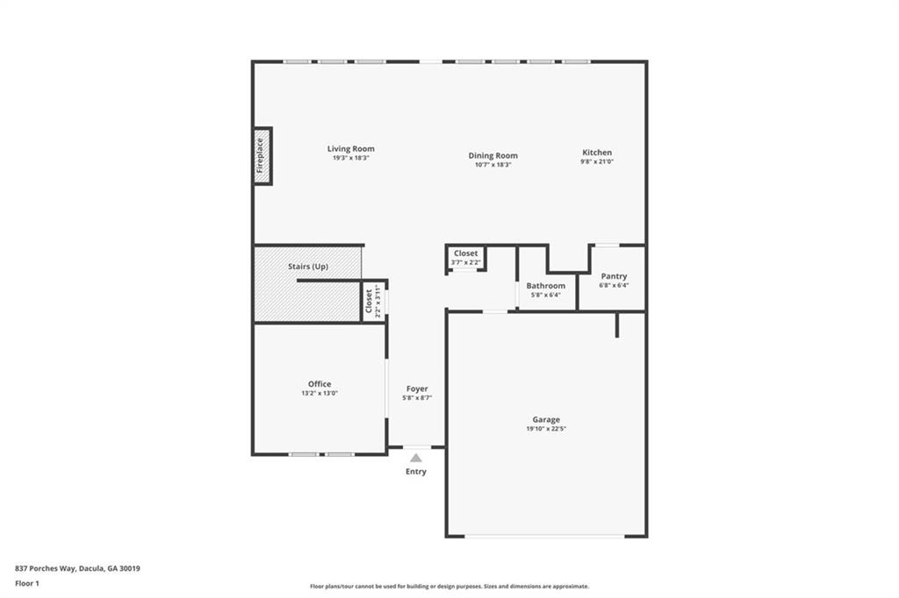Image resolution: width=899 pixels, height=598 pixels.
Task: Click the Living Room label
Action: pos(351,149)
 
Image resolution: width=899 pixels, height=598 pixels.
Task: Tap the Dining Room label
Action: pos(493,155)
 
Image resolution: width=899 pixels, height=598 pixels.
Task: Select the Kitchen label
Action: pos(597,153)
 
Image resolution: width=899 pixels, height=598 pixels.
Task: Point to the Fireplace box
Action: pos(262,156)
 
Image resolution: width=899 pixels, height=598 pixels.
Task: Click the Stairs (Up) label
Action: pos(308,266)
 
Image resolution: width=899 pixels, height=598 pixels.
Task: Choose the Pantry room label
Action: pos(614,276)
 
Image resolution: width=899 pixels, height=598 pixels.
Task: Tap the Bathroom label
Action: pos(545,286)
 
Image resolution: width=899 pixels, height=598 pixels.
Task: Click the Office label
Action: pos(320,384)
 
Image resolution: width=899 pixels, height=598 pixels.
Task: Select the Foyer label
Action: pos(417,388)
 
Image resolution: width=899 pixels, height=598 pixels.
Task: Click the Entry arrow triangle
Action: pos(416,457)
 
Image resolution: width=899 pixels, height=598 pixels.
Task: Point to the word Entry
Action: pos(416,472)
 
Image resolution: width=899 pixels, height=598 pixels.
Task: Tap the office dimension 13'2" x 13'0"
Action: pos(320,394)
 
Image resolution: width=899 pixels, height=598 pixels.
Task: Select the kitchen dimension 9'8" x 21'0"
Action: pos(597,161)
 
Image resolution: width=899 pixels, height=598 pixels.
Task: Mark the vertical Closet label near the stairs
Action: pos(369,302)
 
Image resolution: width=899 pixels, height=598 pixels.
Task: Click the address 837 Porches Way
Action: pos(77,568)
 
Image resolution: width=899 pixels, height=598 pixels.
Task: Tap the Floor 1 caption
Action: pos(27,582)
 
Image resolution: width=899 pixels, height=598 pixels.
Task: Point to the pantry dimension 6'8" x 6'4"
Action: pos(614,285)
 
